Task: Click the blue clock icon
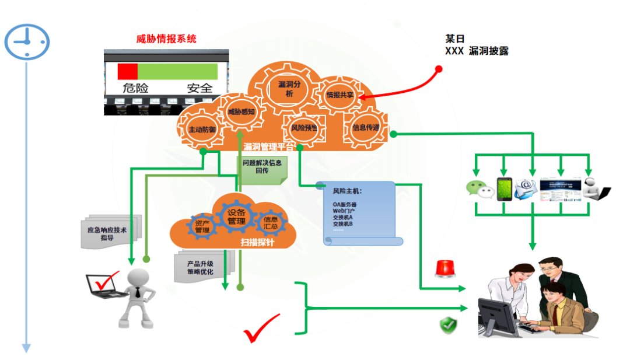[27, 40]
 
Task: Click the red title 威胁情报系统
[166, 39]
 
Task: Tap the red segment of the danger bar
[128, 71]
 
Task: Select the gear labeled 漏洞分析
[285, 89]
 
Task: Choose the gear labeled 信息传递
[366, 128]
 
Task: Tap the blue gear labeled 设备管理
[236, 216]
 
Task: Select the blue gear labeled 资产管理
[202, 227]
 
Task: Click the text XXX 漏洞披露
[477, 51]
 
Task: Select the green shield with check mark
[447, 326]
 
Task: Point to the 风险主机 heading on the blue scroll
[347, 191]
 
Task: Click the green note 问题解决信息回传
[261, 167]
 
